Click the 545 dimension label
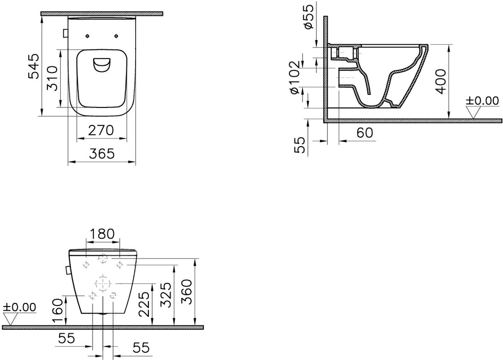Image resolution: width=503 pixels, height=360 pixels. tap(34, 66)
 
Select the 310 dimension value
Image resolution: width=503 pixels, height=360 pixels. tap(52, 79)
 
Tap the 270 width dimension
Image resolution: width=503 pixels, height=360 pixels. tap(101, 131)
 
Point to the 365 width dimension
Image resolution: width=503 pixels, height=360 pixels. tap(101, 153)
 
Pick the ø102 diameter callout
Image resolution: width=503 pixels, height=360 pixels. tap(294, 77)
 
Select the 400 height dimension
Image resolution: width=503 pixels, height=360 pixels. tap(441, 81)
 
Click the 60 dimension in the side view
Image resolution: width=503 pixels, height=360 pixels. tap(365, 133)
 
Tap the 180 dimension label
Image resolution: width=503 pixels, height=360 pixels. tap(102, 234)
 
